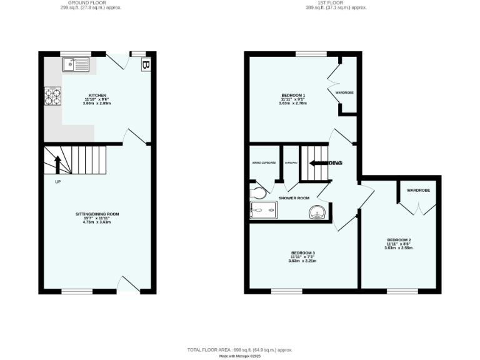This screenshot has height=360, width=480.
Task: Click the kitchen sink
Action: (77, 63)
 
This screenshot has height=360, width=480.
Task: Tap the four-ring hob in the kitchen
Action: (52, 97)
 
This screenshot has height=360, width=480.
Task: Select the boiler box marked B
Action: (146, 64)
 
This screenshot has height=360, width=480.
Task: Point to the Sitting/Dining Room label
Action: (97, 216)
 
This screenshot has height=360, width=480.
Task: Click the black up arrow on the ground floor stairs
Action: (57, 164)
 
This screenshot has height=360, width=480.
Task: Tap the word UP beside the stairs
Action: (58, 182)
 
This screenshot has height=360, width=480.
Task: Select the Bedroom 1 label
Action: (293, 97)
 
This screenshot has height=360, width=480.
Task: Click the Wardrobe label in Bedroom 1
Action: (344, 92)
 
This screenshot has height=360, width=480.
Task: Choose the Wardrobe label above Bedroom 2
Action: (418, 190)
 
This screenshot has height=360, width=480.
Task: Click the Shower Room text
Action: (294, 198)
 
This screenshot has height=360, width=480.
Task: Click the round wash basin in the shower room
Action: (317, 212)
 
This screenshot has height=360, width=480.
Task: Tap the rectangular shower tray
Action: (263, 211)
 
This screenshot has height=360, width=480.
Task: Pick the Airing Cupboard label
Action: (264, 162)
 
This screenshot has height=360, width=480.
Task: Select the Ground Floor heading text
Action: (91, 3)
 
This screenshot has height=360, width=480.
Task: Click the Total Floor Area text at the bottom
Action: (240, 350)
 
